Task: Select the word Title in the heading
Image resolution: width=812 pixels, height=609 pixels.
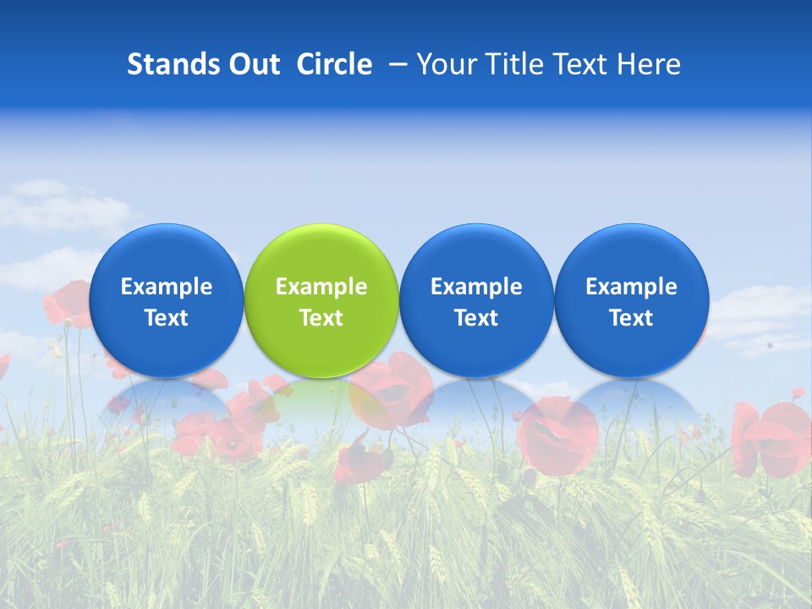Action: tap(520, 64)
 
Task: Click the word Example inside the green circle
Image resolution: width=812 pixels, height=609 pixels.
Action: tap(321, 287)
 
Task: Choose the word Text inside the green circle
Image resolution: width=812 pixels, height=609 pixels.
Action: tap(321, 318)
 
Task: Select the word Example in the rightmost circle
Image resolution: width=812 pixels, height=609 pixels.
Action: tap(631, 287)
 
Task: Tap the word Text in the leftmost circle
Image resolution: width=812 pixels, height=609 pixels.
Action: tap(166, 318)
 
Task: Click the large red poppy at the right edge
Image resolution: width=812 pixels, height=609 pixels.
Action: tap(774, 436)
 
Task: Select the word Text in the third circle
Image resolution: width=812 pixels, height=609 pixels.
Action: tap(476, 318)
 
